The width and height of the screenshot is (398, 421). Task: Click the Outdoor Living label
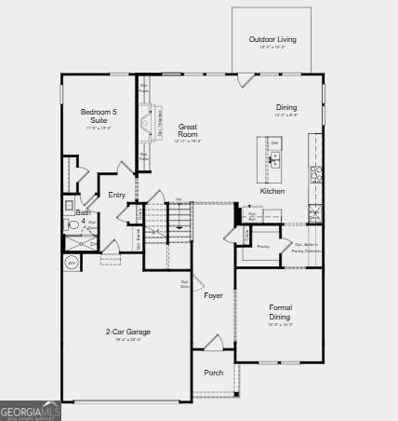tap(272, 39)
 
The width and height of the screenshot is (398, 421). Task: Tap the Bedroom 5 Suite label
tap(99, 115)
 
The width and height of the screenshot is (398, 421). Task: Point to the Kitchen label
tap(272, 191)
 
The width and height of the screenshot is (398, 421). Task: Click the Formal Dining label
tap(280, 311)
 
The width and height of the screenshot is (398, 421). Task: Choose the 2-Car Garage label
tap(128, 332)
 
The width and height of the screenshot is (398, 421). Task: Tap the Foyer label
tap(214, 295)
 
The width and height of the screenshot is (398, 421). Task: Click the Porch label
tap(214, 373)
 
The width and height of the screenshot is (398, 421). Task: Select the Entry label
tap(116, 195)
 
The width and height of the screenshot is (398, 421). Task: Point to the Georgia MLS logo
tap(31, 411)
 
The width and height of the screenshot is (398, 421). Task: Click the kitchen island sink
tap(274, 159)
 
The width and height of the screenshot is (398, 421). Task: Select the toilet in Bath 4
tap(73, 224)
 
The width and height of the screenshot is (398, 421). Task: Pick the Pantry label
tap(263, 246)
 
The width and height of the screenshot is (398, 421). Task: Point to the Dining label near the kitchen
tap(286, 107)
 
